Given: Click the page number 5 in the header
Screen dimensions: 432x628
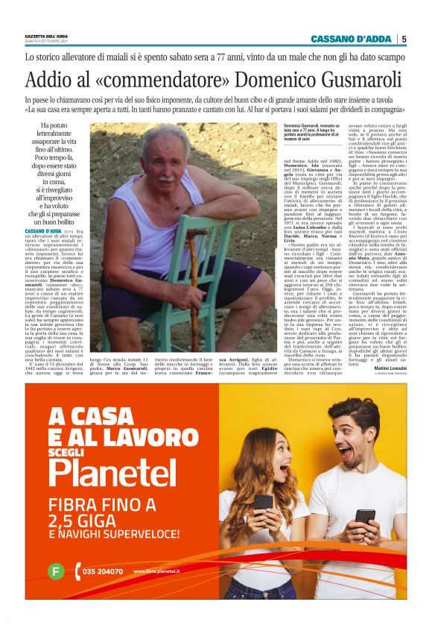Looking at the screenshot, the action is pyautogui.click(x=404, y=39).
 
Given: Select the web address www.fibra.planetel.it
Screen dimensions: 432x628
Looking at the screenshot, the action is pyautogui.click(x=157, y=572).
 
